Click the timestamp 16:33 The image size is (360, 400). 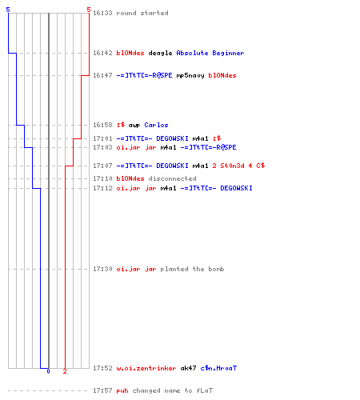[x=102, y=13]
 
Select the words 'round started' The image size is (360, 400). [x=142, y=13]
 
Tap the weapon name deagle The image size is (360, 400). [x=160, y=54]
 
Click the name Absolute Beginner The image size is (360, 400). [x=210, y=53]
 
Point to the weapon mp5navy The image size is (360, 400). [x=190, y=76]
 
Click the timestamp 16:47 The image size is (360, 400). [x=102, y=75]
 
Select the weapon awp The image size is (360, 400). [x=134, y=126]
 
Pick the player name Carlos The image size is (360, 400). [x=156, y=125]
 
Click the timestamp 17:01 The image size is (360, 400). [x=102, y=138]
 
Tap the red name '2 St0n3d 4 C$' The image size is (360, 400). [x=238, y=166]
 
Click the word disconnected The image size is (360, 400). [x=172, y=178]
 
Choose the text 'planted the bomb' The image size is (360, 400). [x=192, y=269]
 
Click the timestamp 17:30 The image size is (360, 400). [x=102, y=269]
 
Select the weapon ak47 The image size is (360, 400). [x=188, y=368]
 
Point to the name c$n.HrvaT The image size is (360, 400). [x=218, y=368]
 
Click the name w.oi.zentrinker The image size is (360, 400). [x=146, y=368]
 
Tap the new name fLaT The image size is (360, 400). [x=205, y=390]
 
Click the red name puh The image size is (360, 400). [x=122, y=391]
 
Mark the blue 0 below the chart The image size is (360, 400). [x=48, y=371]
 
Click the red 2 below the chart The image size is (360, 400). [x=65, y=371]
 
